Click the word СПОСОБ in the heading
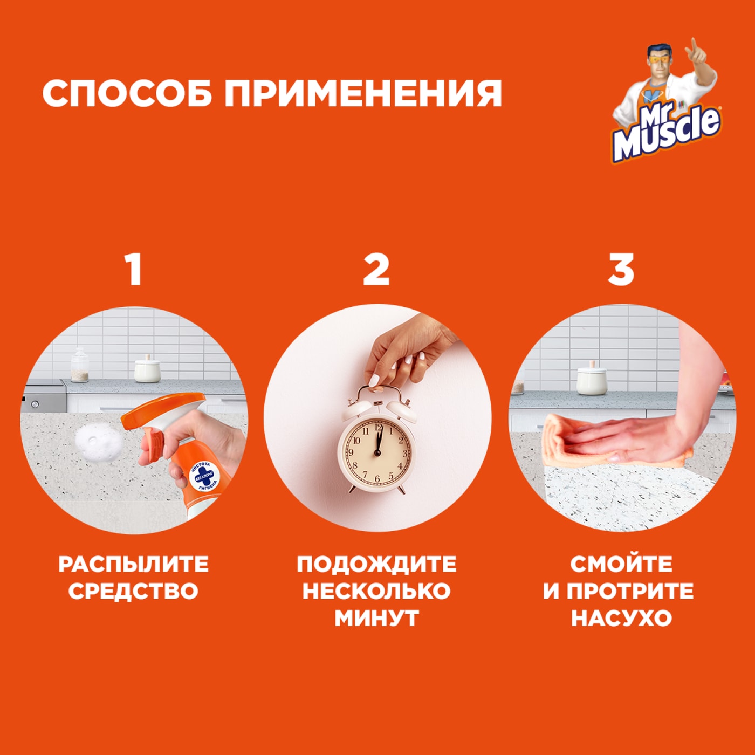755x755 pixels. [x=128, y=93]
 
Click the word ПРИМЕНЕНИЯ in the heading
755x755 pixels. [x=363, y=93]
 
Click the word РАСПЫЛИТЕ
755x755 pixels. [x=133, y=565]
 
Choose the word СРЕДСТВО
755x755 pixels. [x=133, y=591]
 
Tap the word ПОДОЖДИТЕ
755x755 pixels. [x=376, y=565]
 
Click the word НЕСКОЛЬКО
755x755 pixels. [x=376, y=591]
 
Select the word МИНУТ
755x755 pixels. [x=376, y=618]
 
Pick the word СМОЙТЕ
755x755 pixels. [x=621, y=565]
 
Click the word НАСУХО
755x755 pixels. [x=621, y=618]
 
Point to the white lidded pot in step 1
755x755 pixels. [x=147, y=369]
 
